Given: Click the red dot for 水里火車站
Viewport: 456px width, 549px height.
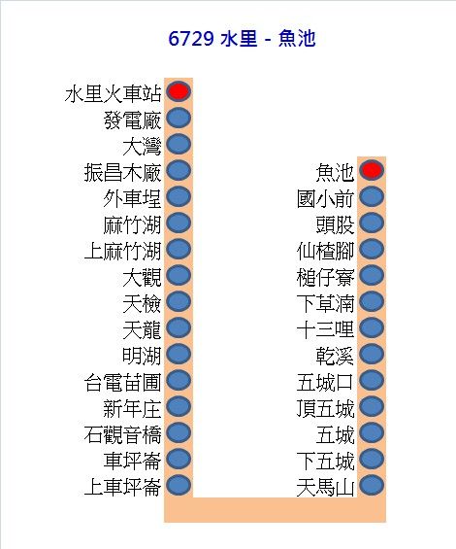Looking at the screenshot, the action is [x=179, y=91].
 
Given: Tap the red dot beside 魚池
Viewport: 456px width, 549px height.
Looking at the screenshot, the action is [x=372, y=170].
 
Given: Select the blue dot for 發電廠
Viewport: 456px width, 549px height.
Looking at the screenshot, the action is [x=179, y=118].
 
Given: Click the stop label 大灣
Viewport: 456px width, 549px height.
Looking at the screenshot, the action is [x=142, y=147].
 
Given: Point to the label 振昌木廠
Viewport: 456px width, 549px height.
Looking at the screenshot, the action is [x=123, y=173].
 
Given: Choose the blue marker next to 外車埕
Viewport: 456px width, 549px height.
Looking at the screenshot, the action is [x=179, y=196].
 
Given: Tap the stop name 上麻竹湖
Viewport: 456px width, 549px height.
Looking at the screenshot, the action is [x=123, y=251].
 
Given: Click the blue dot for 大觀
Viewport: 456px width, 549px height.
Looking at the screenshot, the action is [x=179, y=275].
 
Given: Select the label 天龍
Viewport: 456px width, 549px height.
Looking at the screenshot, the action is [x=142, y=329].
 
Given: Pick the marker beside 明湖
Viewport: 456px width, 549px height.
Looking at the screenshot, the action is [x=179, y=354].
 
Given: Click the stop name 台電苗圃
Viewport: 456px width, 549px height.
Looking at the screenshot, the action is [x=123, y=382].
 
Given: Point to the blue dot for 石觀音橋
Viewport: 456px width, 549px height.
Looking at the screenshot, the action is [x=179, y=432].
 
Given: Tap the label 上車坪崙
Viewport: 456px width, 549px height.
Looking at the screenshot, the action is [x=123, y=488].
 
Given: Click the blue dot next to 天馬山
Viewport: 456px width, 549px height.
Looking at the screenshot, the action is [x=372, y=485].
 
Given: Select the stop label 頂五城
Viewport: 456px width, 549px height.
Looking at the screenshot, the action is [x=325, y=409].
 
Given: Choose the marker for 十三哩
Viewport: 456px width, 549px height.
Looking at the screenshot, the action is [x=372, y=327].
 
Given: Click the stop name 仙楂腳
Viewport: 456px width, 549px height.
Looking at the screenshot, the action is [x=325, y=251].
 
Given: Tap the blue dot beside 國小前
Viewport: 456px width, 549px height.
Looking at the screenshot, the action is [x=372, y=196].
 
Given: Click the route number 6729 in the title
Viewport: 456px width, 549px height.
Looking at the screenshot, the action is [x=191, y=39].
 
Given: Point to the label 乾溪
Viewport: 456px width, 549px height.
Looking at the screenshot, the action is [x=335, y=356].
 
